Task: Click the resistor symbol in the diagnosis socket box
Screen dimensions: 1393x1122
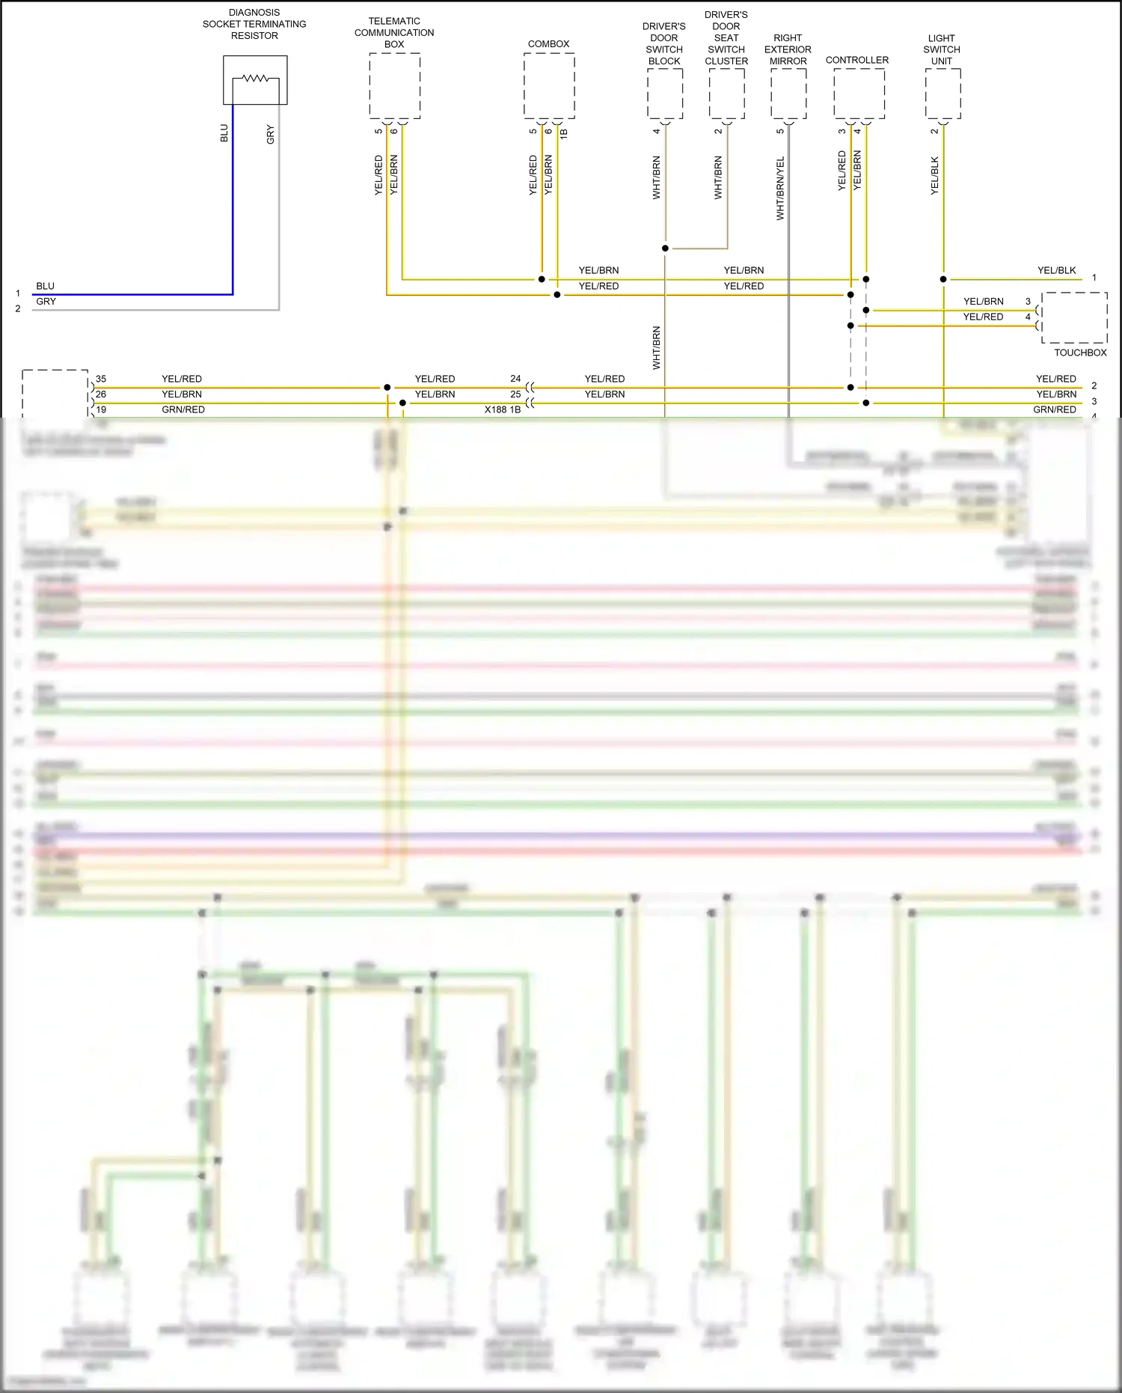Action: click(255, 78)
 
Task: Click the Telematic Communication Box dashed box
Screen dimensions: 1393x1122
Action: click(394, 85)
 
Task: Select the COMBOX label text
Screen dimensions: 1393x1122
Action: click(548, 44)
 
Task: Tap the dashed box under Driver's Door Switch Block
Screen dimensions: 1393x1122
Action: click(664, 93)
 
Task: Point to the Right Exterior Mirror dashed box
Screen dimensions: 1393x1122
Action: click(788, 93)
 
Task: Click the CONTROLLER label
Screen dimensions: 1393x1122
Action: click(857, 60)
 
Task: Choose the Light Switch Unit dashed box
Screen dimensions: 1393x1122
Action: click(942, 93)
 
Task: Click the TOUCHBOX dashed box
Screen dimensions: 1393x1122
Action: click(1074, 317)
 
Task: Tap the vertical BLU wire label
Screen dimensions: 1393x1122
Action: click(224, 133)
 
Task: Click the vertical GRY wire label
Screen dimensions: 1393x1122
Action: click(270, 135)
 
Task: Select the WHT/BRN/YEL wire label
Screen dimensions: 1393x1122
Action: click(780, 188)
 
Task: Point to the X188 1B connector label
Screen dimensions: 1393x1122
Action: click(502, 409)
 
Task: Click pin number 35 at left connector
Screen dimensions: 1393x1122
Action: click(101, 379)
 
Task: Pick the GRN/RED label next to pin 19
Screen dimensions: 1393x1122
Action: click(183, 409)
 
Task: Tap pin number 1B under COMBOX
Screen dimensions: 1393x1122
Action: click(564, 132)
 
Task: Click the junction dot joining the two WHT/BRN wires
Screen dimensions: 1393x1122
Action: click(665, 248)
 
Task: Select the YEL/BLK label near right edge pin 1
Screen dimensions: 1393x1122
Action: click(1056, 270)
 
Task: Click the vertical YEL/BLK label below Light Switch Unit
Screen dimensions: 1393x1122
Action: click(934, 176)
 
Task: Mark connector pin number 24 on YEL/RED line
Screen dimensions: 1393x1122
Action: click(515, 379)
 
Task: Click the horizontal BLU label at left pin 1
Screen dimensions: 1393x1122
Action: click(45, 286)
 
